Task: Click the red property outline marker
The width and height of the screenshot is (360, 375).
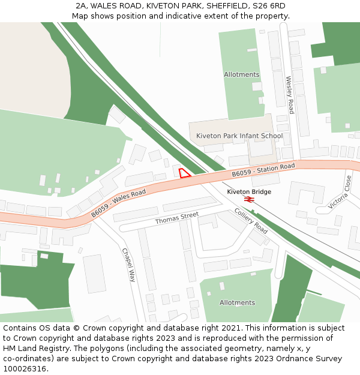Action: tap(184, 173)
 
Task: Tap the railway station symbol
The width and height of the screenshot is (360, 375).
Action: tap(249, 200)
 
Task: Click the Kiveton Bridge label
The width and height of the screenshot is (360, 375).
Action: tap(249, 191)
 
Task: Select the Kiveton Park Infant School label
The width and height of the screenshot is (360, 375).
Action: tap(239, 136)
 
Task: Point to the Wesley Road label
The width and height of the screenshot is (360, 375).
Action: tap(290, 95)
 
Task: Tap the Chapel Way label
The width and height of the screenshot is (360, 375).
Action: tap(129, 265)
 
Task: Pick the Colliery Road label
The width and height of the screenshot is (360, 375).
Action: tap(251, 221)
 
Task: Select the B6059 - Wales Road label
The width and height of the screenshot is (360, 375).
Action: tap(119, 203)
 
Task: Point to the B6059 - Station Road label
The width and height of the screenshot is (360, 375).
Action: tap(263, 170)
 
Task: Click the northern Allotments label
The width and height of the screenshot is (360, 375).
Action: tap(241, 75)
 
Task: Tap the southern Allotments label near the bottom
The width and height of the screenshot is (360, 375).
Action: tap(237, 303)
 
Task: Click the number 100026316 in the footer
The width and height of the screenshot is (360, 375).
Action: tap(24, 368)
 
